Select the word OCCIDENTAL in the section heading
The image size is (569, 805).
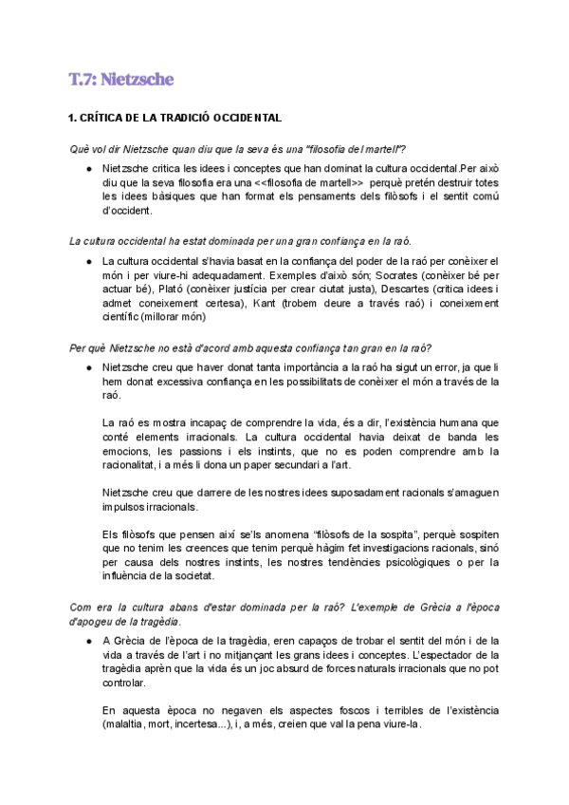coord(245,119)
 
